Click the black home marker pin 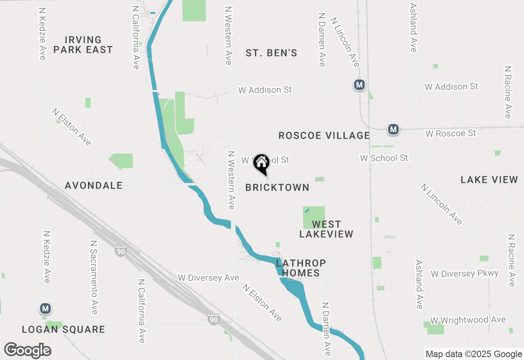(x=261, y=164)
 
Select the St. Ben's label (x=271, y=53)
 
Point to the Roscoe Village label (x=324, y=135)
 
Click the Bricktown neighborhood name (x=277, y=187)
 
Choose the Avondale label (x=94, y=185)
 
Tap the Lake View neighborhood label (x=489, y=180)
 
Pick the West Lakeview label (x=326, y=229)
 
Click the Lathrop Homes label (x=301, y=268)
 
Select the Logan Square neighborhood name (x=63, y=329)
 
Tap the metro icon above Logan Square (x=45, y=308)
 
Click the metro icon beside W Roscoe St (x=393, y=129)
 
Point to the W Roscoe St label (x=451, y=133)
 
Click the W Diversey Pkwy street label (x=465, y=274)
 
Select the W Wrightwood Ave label (x=468, y=319)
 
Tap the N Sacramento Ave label (x=93, y=277)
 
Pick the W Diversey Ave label (x=208, y=278)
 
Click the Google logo (x=28, y=350)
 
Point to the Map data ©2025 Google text (x=473, y=354)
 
